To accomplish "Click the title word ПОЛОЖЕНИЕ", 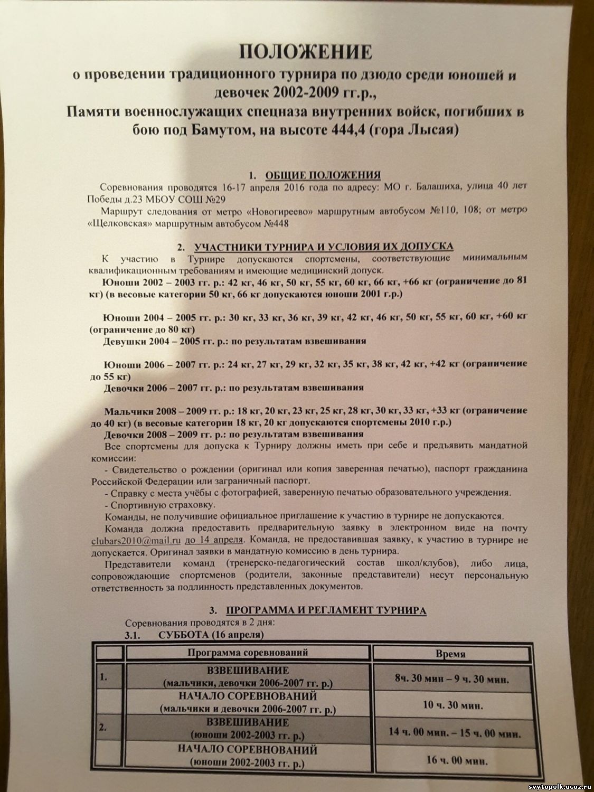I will coord(306,52).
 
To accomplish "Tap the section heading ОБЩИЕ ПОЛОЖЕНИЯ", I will coord(323,176).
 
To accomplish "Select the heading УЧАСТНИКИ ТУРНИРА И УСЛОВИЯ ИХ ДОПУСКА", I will coord(323,247).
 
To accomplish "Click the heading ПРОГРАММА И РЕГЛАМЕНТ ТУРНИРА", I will coord(326,611).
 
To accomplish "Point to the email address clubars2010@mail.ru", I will coord(136,541).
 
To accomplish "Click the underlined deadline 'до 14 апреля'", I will coord(214,540).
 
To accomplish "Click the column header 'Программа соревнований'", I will coord(248,653).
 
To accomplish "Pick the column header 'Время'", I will coord(450,654).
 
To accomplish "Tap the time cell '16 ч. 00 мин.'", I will coord(456,761).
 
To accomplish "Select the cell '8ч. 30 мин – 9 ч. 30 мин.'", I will coord(451,679).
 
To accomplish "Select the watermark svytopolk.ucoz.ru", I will coord(550,785).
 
